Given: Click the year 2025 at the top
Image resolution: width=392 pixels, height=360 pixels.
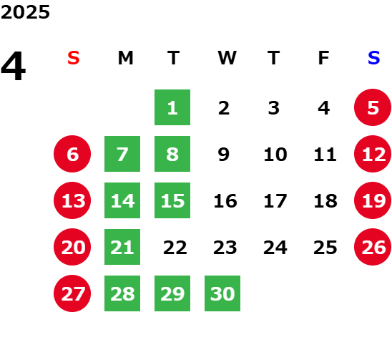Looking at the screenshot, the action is (25, 12).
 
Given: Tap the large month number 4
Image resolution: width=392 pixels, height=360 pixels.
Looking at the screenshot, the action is (14, 66).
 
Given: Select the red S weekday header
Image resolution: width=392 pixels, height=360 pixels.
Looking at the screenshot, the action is (74, 58).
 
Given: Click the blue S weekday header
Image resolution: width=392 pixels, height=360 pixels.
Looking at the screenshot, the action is (373, 58).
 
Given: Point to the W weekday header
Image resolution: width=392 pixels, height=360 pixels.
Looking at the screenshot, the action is (227, 58).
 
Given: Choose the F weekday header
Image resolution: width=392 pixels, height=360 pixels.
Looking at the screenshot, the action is (323, 58).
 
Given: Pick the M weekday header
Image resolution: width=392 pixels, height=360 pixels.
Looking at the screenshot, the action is (125, 58).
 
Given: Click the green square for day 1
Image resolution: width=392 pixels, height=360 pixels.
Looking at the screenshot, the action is (172, 107).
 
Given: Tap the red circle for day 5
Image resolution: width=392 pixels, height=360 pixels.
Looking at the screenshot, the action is (373, 107).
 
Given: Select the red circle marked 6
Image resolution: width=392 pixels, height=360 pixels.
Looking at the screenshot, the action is (72, 154).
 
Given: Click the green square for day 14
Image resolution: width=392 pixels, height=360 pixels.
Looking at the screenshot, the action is (122, 200).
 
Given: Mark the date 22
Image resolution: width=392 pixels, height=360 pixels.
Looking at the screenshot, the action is (175, 248).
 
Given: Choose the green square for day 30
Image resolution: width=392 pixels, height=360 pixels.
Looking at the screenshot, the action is (222, 293).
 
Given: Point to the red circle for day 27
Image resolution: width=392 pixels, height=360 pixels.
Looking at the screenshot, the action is (72, 293).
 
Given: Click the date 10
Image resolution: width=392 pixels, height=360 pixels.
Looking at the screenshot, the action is (275, 155).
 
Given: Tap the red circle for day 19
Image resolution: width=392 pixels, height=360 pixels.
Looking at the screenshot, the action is (373, 200).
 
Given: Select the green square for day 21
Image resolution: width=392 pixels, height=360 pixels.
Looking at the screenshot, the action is (122, 247).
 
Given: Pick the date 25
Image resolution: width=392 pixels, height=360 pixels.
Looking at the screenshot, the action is (325, 248).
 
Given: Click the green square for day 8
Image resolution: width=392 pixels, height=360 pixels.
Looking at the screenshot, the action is (172, 154).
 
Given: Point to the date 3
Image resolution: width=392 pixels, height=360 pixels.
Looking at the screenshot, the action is (274, 108).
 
